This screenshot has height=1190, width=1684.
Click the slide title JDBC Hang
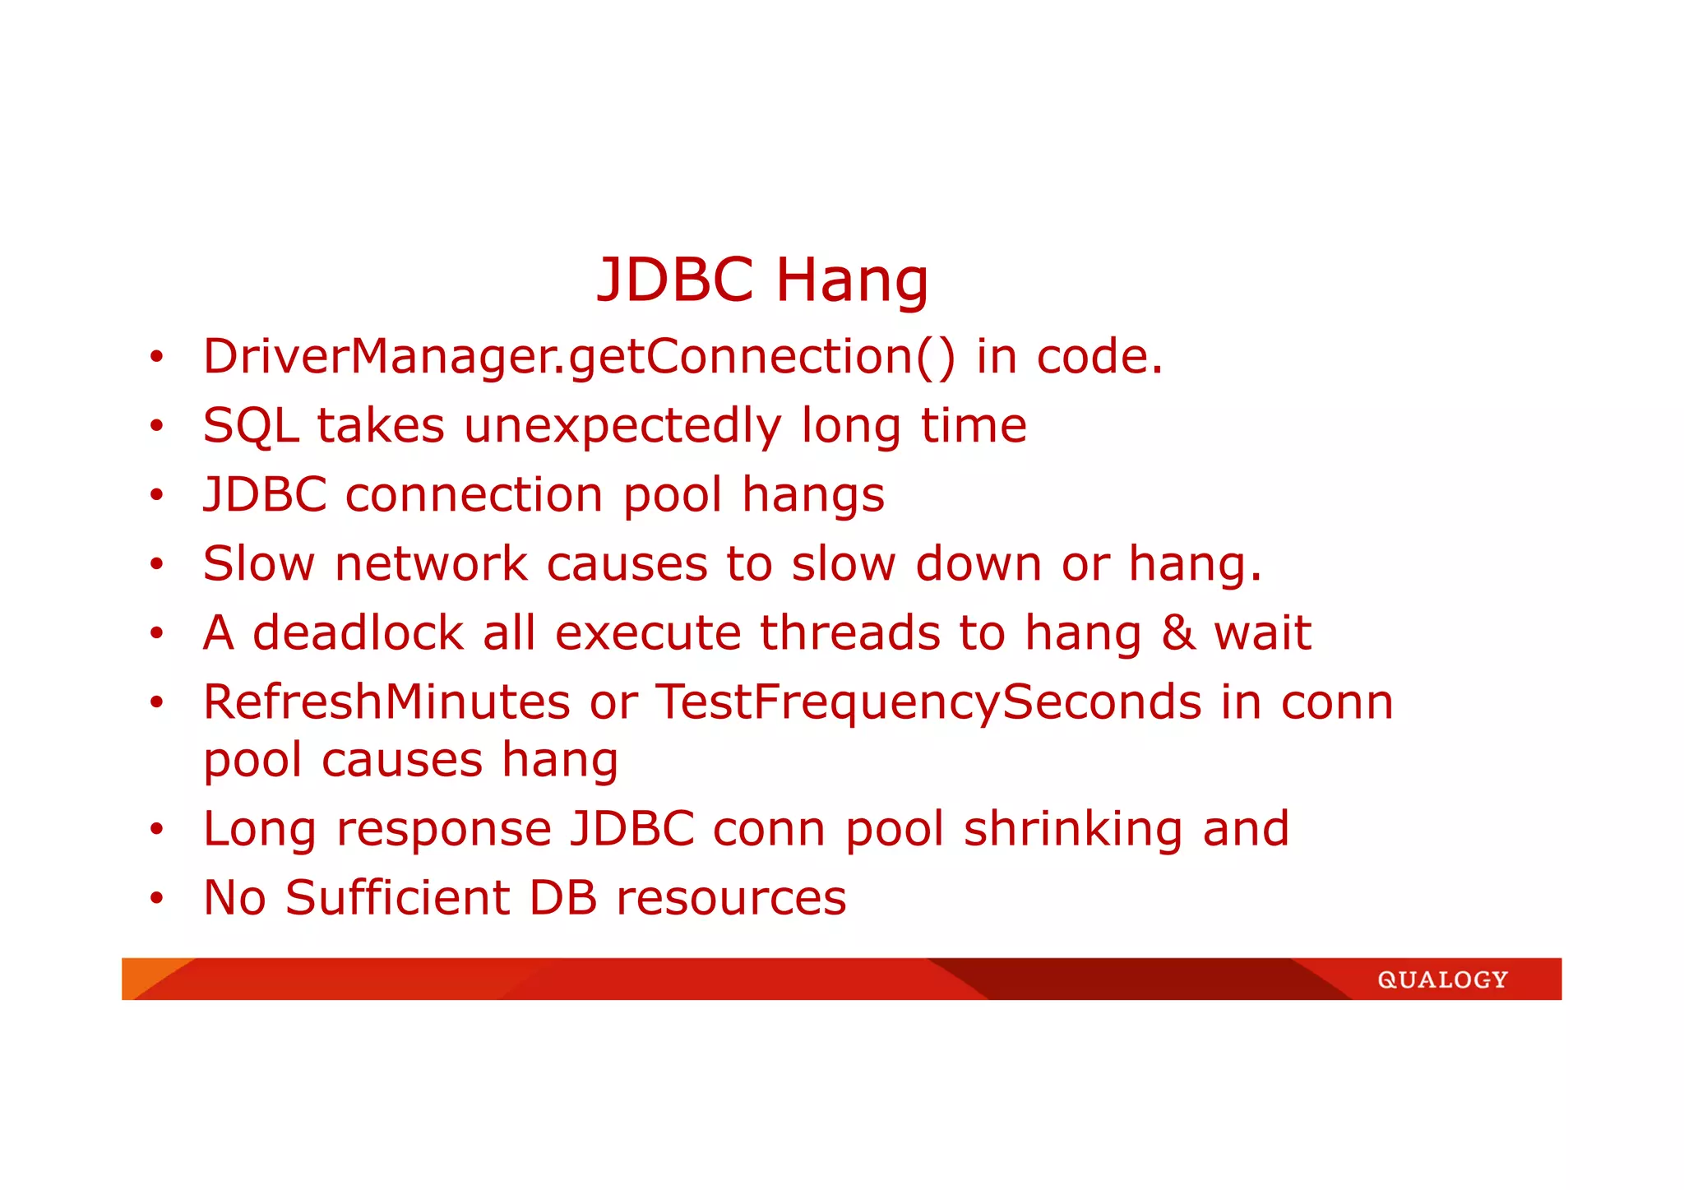762,280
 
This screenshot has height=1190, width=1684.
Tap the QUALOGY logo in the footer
1442,979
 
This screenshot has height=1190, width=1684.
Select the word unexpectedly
622,427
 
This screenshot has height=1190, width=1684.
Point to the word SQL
250,427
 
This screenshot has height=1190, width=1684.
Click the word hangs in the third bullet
812,496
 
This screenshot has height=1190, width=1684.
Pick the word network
430,565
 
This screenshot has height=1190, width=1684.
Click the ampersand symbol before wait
1178,634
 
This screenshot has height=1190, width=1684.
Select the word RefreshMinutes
386,703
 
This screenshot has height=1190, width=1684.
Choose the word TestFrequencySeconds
928,703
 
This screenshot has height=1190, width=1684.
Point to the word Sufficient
397,898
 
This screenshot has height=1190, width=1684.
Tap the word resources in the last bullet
731,898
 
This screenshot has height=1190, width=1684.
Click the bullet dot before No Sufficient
156,898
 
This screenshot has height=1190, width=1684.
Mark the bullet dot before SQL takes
156,427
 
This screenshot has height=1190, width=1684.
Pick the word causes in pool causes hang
401,761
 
